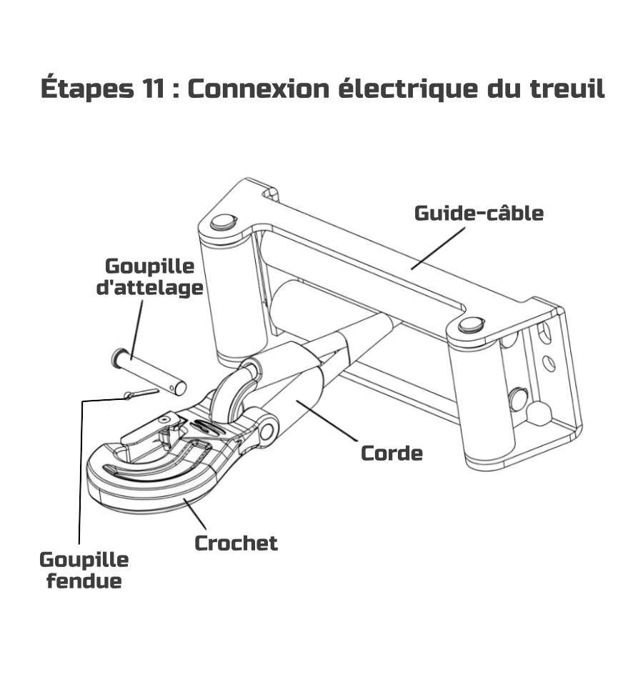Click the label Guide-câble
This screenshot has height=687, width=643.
[479, 213]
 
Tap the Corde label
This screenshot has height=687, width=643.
[392, 453]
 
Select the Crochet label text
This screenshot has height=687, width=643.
[236, 543]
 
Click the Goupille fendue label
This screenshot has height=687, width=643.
[84, 570]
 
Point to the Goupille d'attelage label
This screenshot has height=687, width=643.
[149, 277]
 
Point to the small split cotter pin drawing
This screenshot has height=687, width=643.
[140, 394]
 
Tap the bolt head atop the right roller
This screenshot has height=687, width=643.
[469, 325]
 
